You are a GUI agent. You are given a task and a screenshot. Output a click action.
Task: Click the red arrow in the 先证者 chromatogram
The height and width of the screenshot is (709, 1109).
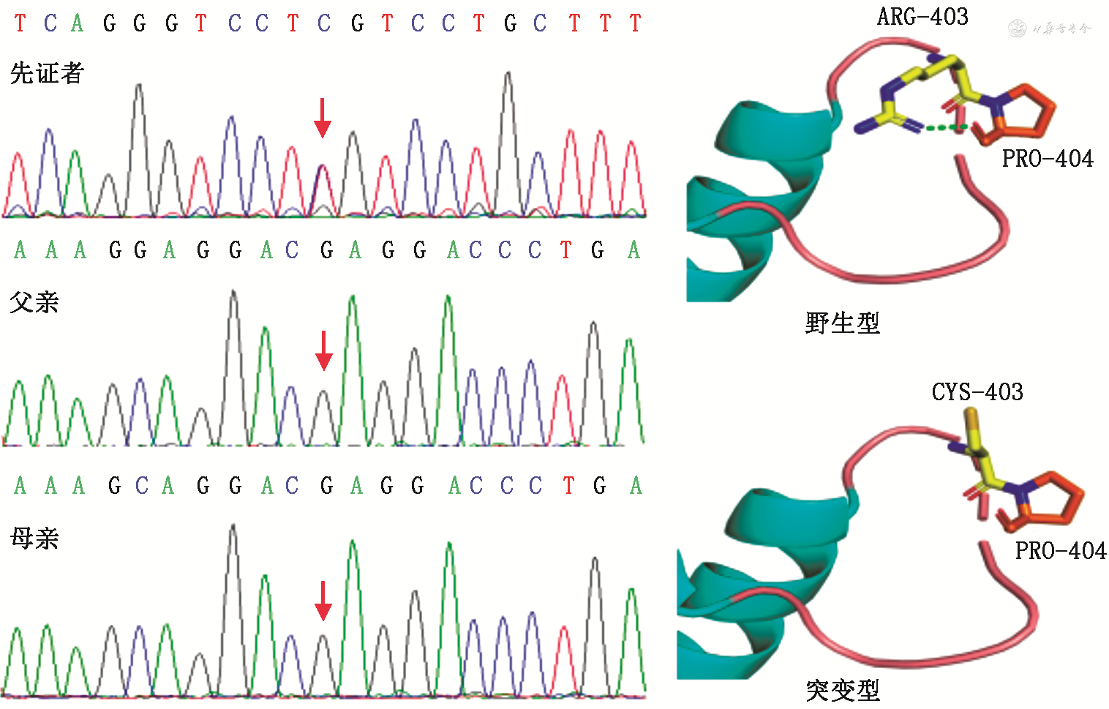pos(322,119)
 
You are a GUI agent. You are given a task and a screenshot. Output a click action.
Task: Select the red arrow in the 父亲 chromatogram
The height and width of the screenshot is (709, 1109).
pos(323,351)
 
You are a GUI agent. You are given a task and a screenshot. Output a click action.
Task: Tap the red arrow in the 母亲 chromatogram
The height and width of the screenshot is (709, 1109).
pos(323,601)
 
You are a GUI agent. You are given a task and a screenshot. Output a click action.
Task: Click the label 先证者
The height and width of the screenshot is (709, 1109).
pos(48,73)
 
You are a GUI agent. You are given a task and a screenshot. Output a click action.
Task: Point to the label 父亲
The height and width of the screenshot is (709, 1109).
pos(34,302)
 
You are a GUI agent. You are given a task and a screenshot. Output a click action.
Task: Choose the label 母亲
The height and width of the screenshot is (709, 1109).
pos(34,539)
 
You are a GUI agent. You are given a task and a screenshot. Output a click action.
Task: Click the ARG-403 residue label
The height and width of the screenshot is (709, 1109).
pos(922,17)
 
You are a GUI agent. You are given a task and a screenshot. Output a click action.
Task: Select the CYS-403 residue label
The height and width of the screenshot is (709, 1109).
pos(977,392)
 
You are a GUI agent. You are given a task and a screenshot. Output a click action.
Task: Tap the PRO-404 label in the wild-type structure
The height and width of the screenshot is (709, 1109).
pos(1048,159)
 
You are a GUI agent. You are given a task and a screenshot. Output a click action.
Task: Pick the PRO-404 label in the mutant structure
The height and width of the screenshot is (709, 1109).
pos(1061,550)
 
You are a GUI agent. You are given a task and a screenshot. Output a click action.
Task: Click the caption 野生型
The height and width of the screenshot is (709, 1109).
pos(842,323)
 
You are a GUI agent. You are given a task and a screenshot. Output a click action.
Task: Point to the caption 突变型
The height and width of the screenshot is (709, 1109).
pos(843,690)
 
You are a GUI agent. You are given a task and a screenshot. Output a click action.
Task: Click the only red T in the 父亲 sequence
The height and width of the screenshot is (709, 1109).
pos(565,250)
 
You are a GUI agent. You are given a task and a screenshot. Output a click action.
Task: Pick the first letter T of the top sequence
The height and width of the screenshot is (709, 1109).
pos(20,23)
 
